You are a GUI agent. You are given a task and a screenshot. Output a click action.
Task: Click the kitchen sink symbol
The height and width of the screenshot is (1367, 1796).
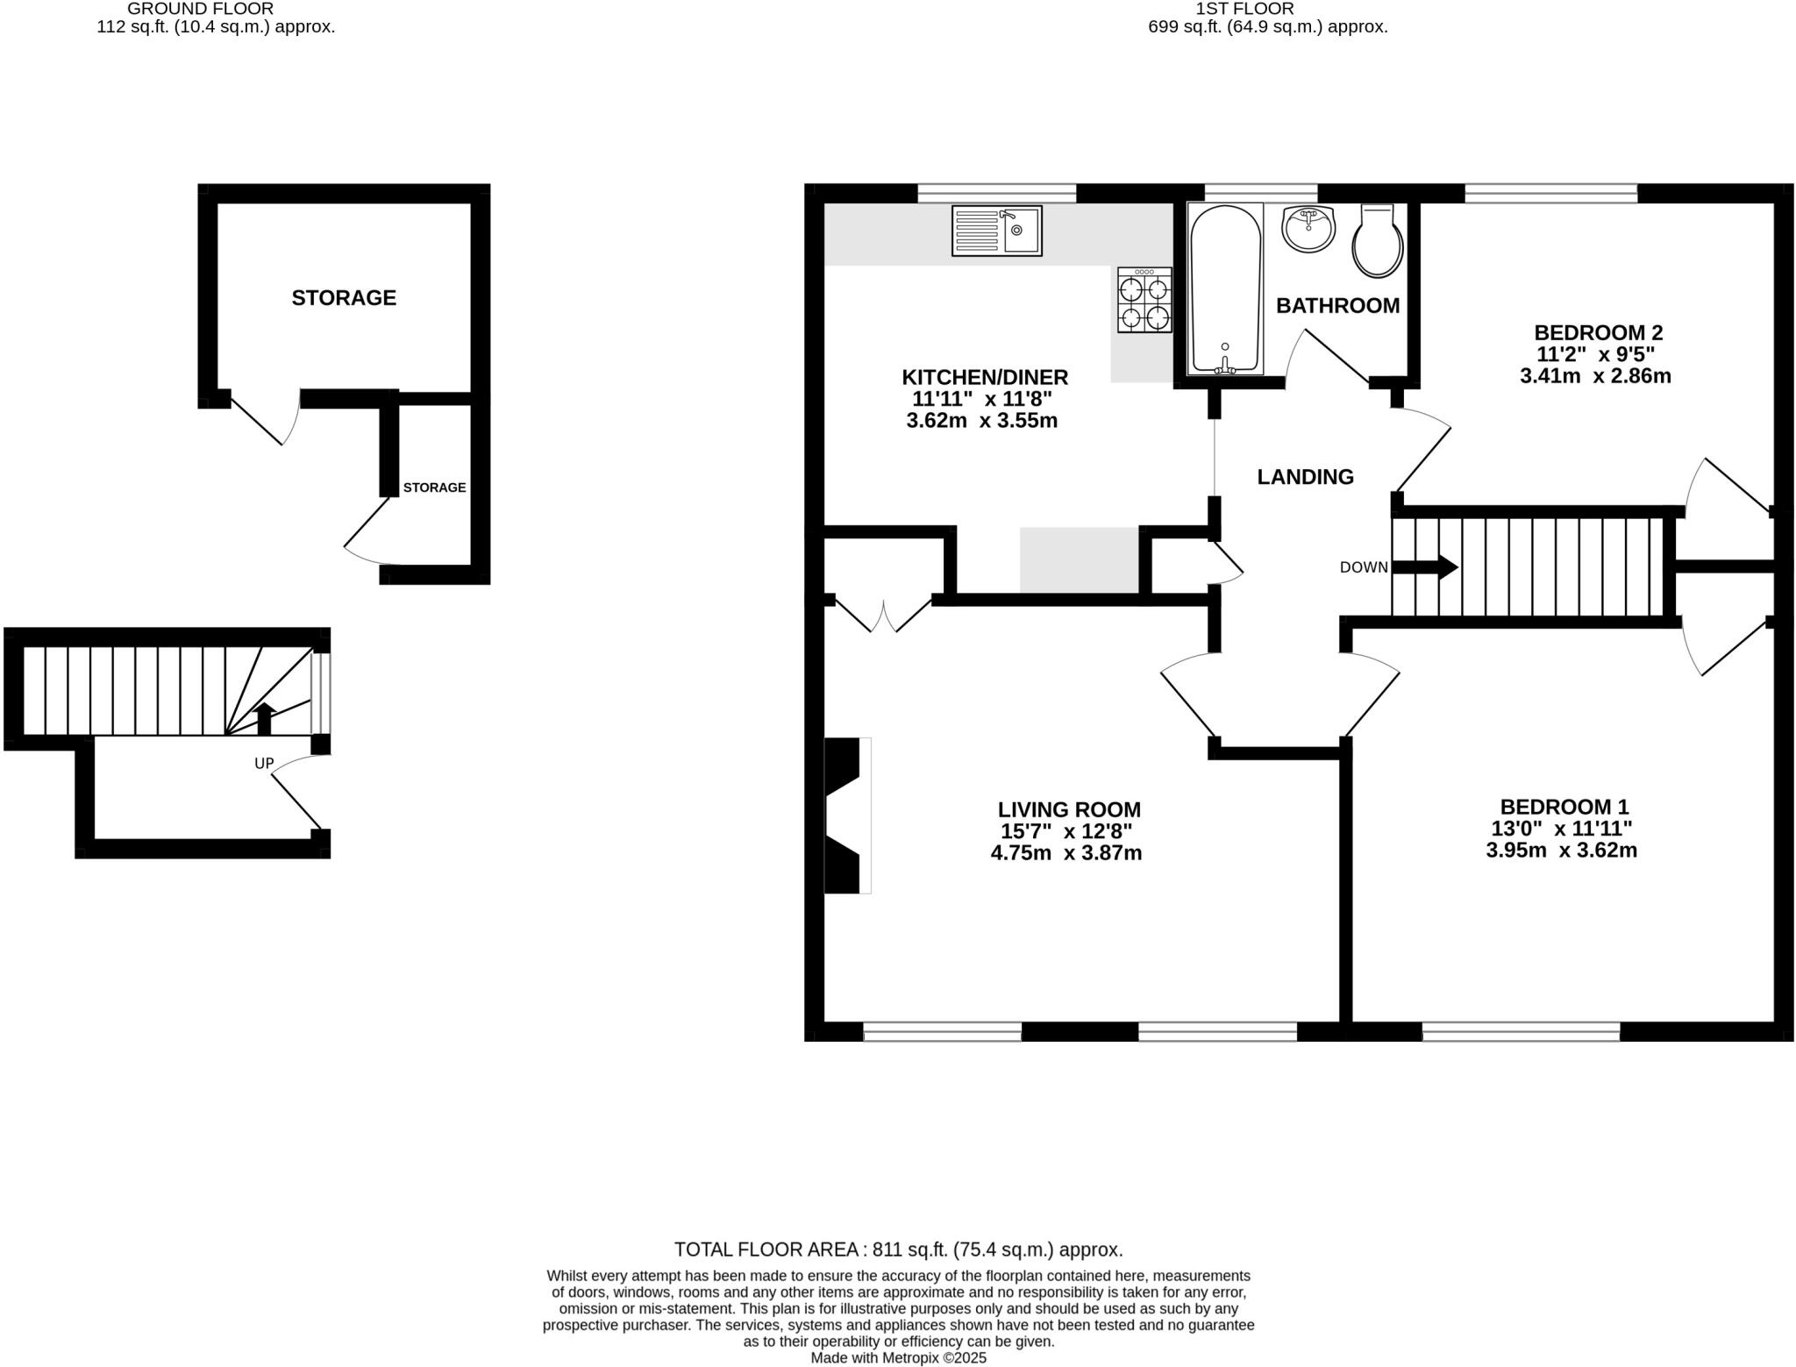pyautogui.click(x=996, y=231)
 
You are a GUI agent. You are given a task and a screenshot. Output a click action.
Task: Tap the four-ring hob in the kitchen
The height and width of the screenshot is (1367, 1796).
pyautogui.click(x=1144, y=301)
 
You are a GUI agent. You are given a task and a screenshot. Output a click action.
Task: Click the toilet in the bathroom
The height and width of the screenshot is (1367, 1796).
pyautogui.click(x=1378, y=243)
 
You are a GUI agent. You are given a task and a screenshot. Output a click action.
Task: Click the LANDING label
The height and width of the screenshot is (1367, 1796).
pyautogui.click(x=1305, y=477)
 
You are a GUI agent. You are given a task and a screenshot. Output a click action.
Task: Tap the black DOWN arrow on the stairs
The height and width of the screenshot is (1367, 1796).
pyautogui.click(x=1425, y=567)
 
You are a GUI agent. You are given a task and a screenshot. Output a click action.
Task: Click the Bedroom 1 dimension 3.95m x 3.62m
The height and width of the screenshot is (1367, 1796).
pyautogui.click(x=1561, y=850)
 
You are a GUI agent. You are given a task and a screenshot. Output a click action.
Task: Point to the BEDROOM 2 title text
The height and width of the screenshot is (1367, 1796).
pyautogui.click(x=1598, y=333)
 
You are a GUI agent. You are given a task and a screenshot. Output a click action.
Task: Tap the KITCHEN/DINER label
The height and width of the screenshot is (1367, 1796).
pyautogui.click(x=985, y=378)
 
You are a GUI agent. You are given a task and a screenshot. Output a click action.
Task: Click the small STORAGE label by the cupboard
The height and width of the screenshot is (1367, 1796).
pyautogui.click(x=434, y=488)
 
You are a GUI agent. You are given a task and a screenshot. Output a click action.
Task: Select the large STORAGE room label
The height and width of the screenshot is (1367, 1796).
pyautogui.click(x=344, y=298)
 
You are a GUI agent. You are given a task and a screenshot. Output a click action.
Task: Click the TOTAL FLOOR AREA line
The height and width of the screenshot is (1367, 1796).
pyautogui.click(x=898, y=1250)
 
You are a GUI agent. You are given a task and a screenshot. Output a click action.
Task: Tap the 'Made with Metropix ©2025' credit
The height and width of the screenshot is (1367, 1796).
pyautogui.click(x=898, y=1357)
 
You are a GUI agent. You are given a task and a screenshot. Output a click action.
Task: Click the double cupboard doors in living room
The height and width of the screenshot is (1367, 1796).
pyautogui.click(x=882, y=614)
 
